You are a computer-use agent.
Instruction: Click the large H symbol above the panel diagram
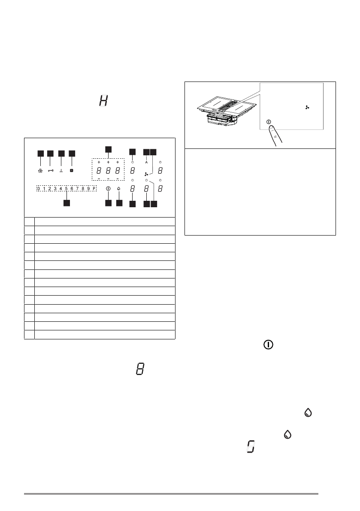click(x=103, y=102)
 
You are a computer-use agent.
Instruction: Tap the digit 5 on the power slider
click(x=67, y=189)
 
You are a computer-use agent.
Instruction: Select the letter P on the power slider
click(x=94, y=189)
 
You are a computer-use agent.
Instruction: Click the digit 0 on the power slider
click(x=39, y=189)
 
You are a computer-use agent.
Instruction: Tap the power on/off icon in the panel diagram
click(x=108, y=189)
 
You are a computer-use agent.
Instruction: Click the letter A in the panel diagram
click(x=146, y=162)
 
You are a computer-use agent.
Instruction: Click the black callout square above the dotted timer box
click(x=108, y=149)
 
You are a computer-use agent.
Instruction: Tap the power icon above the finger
click(x=269, y=122)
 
